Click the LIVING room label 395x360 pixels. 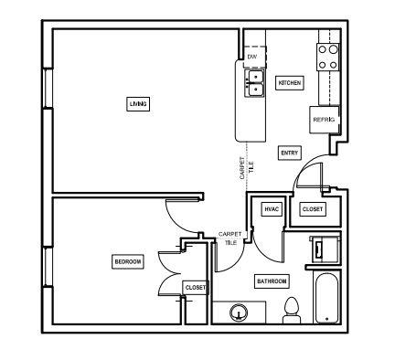(x=137, y=104)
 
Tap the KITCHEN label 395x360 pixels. (x=290, y=83)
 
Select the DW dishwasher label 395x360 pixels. (x=251, y=57)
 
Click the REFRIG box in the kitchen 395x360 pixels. (x=324, y=120)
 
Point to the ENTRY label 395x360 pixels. (x=290, y=153)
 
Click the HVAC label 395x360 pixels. (x=272, y=209)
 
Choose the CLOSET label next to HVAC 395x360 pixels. (x=313, y=209)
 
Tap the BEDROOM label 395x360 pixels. (x=128, y=262)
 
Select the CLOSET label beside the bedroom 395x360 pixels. (x=195, y=287)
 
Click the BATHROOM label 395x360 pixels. (x=272, y=281)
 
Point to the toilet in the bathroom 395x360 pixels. (x=293, y=310)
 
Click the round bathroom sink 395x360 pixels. (x=240, y=313)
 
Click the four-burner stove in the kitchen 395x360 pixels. (x=328, y=57)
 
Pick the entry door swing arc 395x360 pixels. (x=306, y=171)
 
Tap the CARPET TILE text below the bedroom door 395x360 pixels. (x=230, y=238)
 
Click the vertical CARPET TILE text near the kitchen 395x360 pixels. (x=245, y=168)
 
